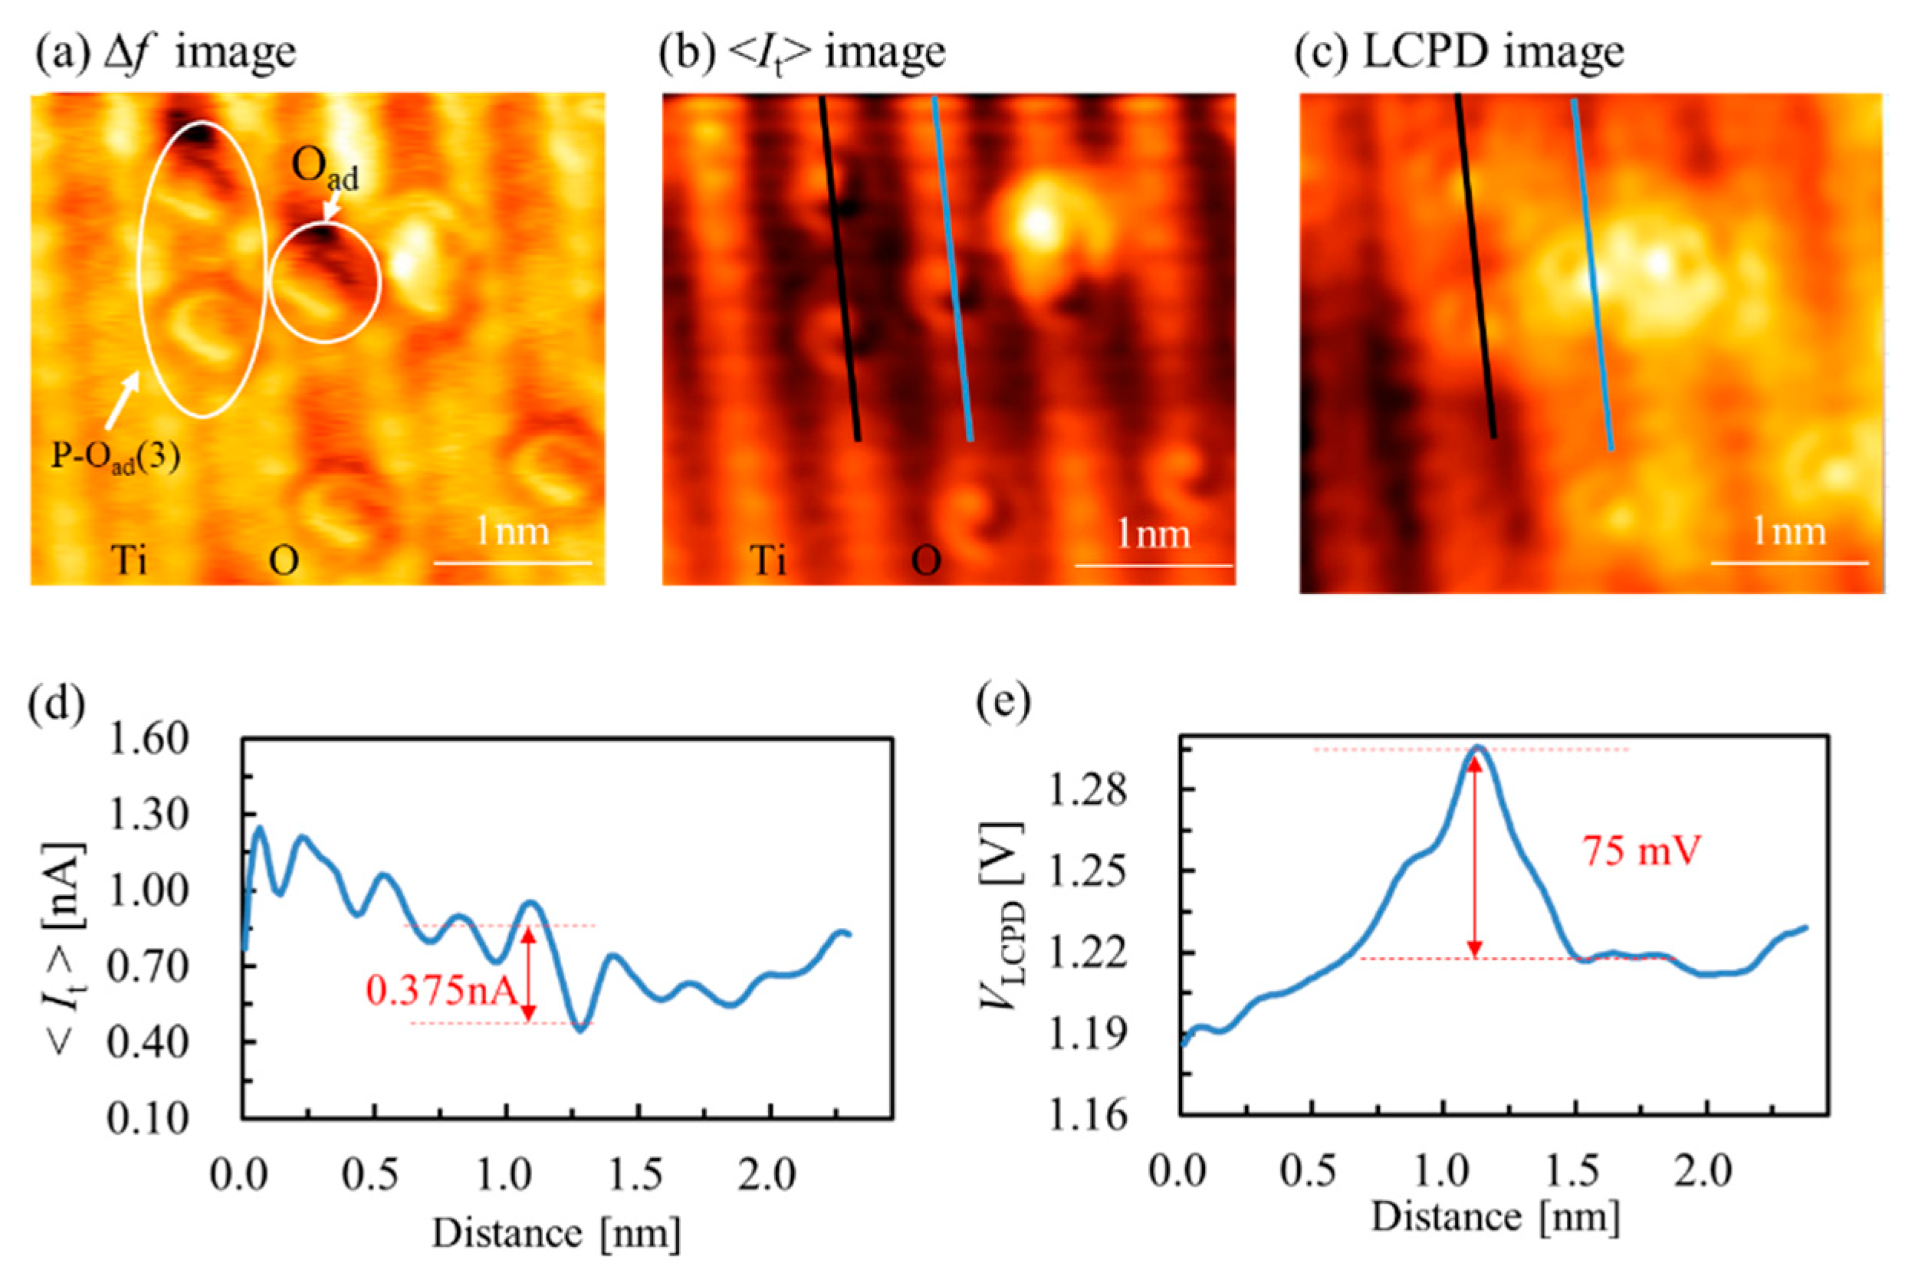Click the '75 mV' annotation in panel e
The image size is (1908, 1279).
(x=1641, y=851)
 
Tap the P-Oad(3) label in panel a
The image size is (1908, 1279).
(x=115, y=457)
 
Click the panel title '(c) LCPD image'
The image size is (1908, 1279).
(x=1460, y=51)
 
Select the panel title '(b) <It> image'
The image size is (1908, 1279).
(x=803, y=51)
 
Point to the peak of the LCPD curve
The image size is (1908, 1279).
(x=1476, y=747)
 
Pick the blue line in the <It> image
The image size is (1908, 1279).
(x=952, y=269)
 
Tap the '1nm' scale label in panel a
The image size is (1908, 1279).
(x=512, y=532)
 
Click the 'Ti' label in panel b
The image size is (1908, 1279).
(x=768, y=560)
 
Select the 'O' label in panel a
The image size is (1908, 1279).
(x=283, y=561)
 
